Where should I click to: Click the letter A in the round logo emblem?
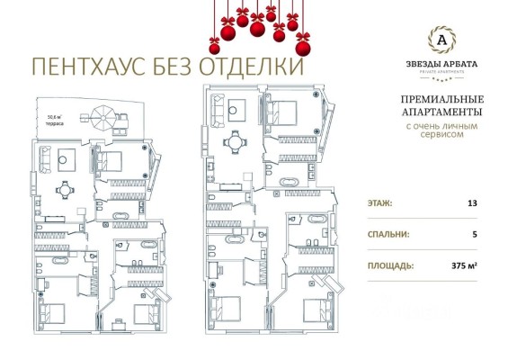pos(441,38)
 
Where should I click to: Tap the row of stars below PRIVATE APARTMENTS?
pos(441,77)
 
